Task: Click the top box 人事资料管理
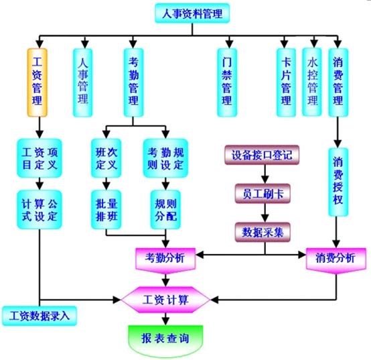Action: click(x=192, y=13)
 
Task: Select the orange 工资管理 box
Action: click(x=38, y=82)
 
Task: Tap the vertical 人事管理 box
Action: click(x=82, y=82)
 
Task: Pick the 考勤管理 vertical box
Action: click(x=134, y=82)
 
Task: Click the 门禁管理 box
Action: click(x=227, y=82)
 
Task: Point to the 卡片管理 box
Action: click(x=287, y=82)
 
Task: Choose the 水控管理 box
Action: click(x=312, y=82)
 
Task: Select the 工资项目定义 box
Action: click(x=40, y=158)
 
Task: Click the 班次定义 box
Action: click(x=106, y=158)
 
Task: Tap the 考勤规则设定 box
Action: click(x=165, y=158)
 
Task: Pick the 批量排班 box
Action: click(x=106, y=209)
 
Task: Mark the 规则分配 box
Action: click(x=165, y=209)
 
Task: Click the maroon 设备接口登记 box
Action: click(x=262, y=155)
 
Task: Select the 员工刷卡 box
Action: click(x=263, y=194)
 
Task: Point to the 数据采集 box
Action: click(x=263, y=232)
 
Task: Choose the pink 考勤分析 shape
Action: click(x=165, y=260)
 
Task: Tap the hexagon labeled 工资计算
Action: click(x=165, y=300)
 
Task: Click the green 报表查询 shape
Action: click(x=165, y=341)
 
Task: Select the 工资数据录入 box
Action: click(x=40, y=316)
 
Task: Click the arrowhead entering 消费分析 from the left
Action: click(x=302, y=255)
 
